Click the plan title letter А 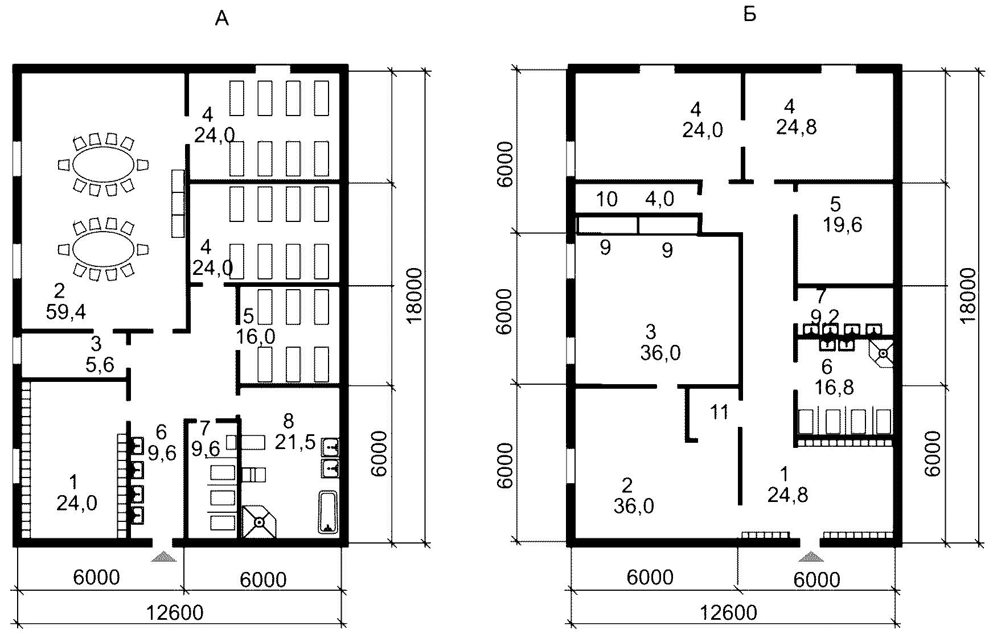pyautogui.click(x=221, y=20)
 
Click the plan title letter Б pyautogui.click(x=750, y=15)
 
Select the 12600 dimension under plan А pyautogui.click(x=175, y=613)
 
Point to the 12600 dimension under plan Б pyautogui.click(x=729, y=613)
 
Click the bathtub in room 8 pyautogui.click(x=328, y=512)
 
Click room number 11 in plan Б pyautogui.click(x=720, y=411)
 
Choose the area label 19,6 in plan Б pyautogui.click(x=843, y=225)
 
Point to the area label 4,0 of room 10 pyautogui.click(x=660, y=199)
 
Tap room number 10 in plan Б pyautogui.click(x=607, y=199)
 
